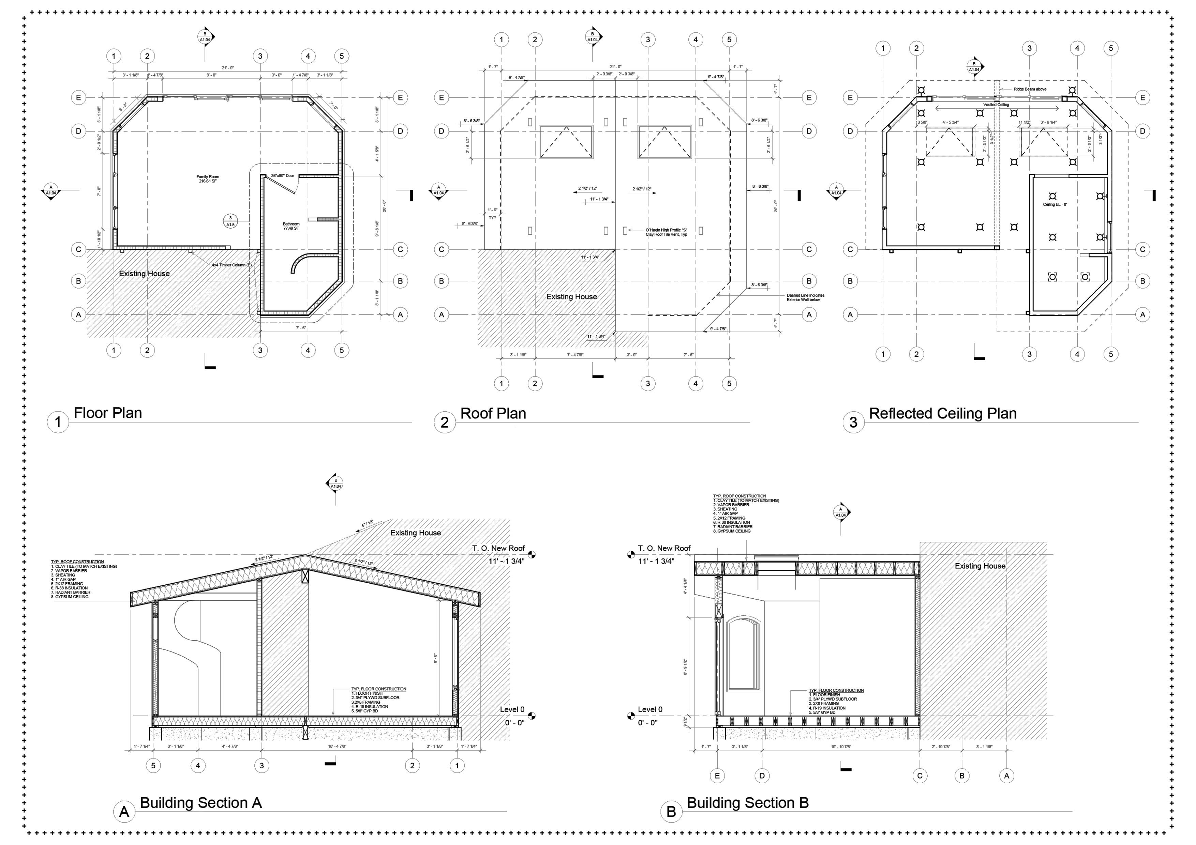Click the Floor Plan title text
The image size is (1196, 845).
point(108,413)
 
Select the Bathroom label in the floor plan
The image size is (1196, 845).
point(291,226)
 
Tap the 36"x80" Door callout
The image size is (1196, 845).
point(282,176)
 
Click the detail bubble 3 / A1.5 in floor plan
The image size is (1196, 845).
point(230,221)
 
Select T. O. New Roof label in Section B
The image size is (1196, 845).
point(664,548)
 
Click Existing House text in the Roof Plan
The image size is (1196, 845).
point(571,297)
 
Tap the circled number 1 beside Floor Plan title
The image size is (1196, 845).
point(58,422)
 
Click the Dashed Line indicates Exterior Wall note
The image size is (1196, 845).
point(805,297)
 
